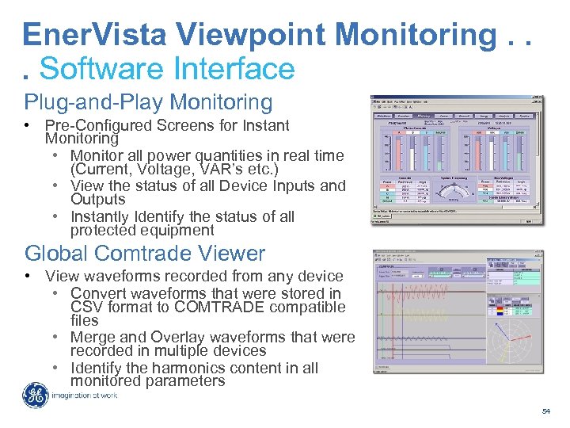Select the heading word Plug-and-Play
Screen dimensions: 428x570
tap(95, 102)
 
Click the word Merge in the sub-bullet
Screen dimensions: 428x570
tap(92, 337)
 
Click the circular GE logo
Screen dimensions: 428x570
tap(35, 395)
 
